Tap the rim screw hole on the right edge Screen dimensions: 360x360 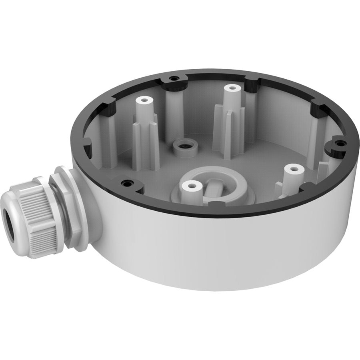pyautogui.click(x=340, y=143)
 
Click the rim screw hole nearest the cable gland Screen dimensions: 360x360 pyautogui.click(x=127, y=184)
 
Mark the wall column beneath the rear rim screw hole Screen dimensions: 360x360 pyautogui.click(x=174, y=108)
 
